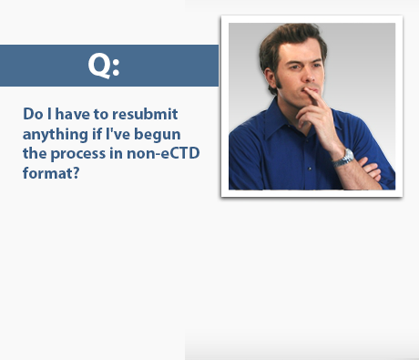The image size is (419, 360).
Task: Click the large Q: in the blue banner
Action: tap(104, 65)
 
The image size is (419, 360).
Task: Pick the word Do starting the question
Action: tap(33, 115)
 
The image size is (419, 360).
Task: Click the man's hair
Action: tap(291, 41)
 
